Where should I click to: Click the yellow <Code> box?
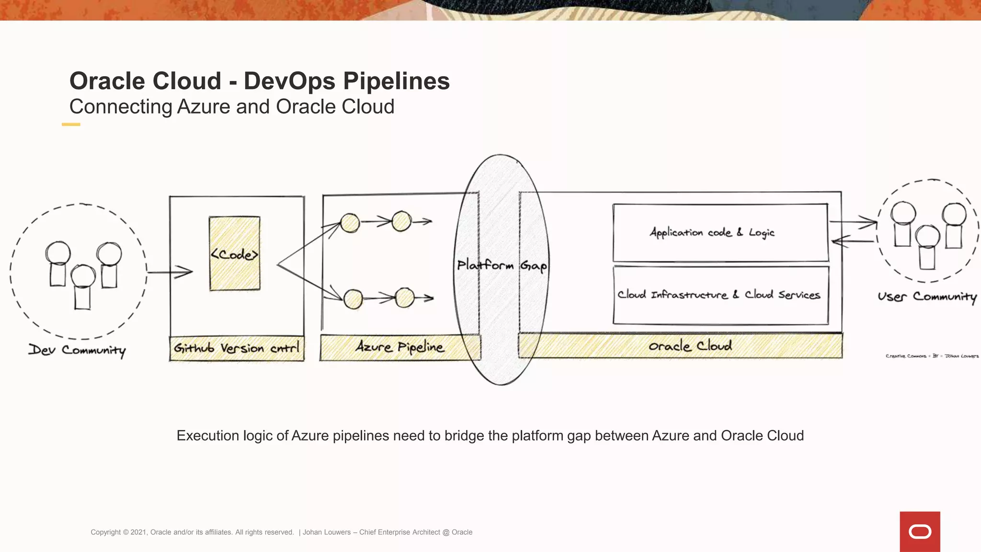coord(235,253)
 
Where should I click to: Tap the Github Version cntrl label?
coord(237,348)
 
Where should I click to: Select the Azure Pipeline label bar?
coord(399,347)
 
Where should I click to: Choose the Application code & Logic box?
coord(720,233)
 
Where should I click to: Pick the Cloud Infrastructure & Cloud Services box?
coord(720,295)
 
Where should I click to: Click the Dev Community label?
coord(77,350)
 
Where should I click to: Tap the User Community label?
coord(927,297)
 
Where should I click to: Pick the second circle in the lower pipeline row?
coord(405,298)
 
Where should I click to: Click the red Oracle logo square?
coord(920,531)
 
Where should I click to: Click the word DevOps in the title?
coord(289,80)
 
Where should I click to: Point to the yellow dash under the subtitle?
coord(71,125)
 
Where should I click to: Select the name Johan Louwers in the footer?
coord(327,532)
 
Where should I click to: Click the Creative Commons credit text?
coord(932,356)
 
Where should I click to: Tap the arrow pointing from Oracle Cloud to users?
coord(854,222)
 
